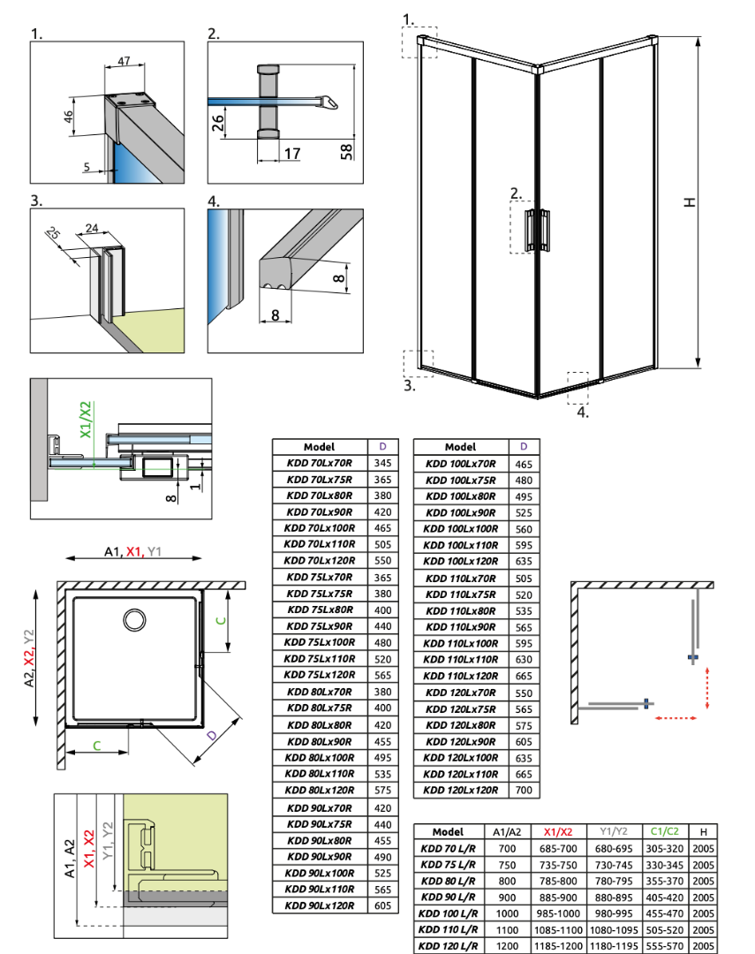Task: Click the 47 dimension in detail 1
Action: pos(124,61)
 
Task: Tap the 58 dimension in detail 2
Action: pos(345,151)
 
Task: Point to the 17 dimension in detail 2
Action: pos(292,153)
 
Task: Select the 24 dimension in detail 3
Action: pos(91,228)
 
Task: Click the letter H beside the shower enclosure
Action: pos(690,202)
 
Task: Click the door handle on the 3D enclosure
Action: pos(538,230)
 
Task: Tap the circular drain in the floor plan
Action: pos(134,620)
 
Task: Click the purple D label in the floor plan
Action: pos(211,736)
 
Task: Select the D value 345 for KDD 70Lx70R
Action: pos(382,463)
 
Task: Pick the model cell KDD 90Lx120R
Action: pos(320,905)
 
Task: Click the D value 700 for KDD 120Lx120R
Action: pos(524,791)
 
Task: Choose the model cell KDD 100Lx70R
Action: pos(461,464)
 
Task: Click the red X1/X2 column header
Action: pos(558,832)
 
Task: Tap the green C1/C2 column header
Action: pos(664,831)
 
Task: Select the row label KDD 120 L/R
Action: pos(448,946)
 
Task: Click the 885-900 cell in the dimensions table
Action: pos(558,897)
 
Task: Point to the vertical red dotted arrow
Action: pos(707,688)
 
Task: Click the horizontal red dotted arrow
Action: pos(676,718)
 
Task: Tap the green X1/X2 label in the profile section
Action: pos(86,420)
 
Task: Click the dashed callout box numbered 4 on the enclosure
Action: pos(578,388)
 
